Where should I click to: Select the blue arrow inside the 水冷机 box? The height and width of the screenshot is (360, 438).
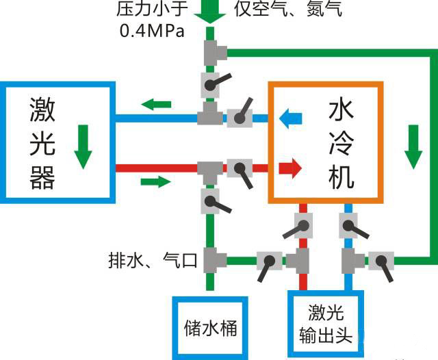point(291,118)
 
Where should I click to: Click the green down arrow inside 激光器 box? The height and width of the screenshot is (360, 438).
point(83,146)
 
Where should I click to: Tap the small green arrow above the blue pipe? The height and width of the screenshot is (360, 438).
point(157,104)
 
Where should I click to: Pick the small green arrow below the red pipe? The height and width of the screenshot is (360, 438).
point(156,182)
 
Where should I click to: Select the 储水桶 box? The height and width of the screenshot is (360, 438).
point(209,327)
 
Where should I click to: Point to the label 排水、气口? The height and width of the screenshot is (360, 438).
point(152,260)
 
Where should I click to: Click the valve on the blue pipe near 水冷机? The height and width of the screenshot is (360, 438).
point(238,117)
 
